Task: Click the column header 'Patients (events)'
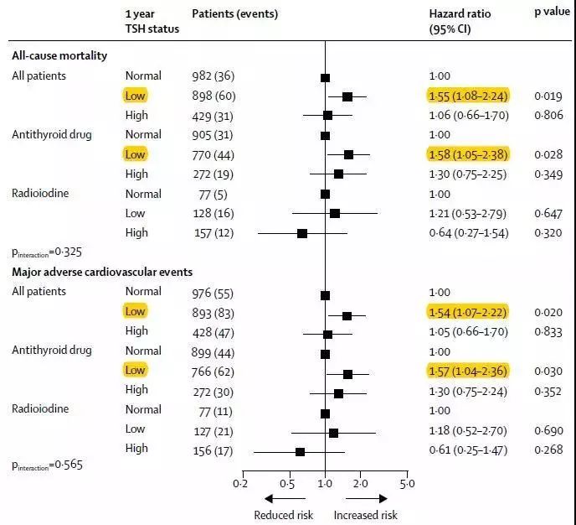(234, 14)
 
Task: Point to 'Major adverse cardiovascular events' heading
(101, 272)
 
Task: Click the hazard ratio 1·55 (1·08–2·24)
(468, 96)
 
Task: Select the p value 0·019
(549, 96)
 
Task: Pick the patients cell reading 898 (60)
(214, 96)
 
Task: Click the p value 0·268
(549, 450)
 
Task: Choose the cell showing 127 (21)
(213, 430)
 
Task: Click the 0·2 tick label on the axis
(240, 484)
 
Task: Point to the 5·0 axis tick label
(408, 484)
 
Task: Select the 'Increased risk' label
(366, 514)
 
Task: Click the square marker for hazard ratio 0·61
(300, 451)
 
